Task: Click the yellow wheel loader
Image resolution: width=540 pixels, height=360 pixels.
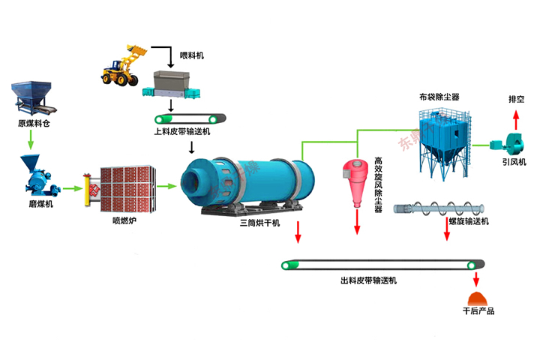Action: pos(124,66)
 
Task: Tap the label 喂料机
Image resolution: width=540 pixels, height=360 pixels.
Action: pos(192,56)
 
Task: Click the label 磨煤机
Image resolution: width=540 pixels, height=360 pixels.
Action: pos(32,203)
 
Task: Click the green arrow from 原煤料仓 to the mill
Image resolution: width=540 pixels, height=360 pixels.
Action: pos(31,140)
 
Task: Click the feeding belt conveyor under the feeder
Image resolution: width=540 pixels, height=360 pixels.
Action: pos(190,118)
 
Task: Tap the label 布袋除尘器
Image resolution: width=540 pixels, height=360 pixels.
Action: pos(439,97)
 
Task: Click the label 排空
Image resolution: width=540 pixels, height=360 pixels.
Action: pos(516,99)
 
